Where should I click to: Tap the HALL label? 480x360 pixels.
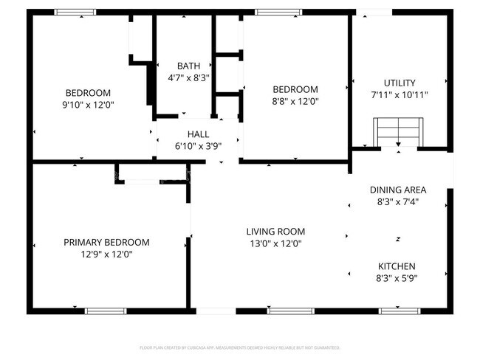198,134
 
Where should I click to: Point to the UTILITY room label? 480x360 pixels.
400,83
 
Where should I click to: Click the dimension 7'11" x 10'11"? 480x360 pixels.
400,94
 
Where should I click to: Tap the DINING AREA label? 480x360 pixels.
398,190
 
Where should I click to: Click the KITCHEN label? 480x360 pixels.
397,266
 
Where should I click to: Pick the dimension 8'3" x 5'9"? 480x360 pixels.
397,278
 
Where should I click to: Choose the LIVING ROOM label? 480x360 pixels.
275,231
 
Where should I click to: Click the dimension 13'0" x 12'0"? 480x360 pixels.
275,243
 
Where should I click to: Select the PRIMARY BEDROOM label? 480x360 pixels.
106,242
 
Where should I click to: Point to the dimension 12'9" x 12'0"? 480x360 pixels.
106,254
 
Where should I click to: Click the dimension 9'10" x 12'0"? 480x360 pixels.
88,105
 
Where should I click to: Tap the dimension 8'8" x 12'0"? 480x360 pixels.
295,101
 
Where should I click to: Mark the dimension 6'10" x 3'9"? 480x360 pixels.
198,145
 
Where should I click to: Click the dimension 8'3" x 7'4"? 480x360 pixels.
398,201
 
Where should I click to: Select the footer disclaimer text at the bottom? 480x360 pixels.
239,347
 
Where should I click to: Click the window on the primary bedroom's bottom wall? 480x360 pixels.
106,311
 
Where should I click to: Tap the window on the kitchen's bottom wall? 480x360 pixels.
400,311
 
